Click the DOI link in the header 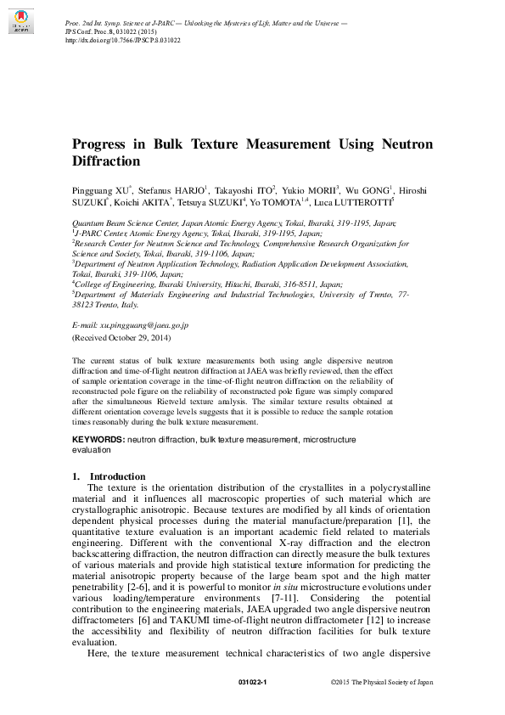coord(122,40)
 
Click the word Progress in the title coord(107,144)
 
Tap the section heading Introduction coord(117,476)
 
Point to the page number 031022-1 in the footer coord(253,682)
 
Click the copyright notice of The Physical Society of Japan coord(381,682)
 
